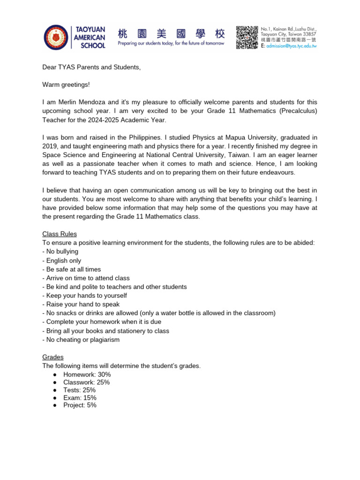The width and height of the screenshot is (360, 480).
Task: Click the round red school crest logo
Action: tap(55, 37)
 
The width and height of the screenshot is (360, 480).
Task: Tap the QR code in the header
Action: tap(247, 37)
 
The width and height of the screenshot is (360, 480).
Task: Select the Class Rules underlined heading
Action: tap(60, 234)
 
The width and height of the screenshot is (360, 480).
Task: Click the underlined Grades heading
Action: tap(53, 357)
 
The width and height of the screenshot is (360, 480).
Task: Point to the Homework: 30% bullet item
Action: tap(87, 375)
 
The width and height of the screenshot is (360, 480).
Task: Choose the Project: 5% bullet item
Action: tap(80, 405)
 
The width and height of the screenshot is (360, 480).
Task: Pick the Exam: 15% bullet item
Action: tap(80, 397)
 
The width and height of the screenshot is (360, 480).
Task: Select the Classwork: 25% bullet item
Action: tap(87, 382)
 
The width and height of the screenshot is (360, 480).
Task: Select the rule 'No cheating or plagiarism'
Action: tap(81, 339)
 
